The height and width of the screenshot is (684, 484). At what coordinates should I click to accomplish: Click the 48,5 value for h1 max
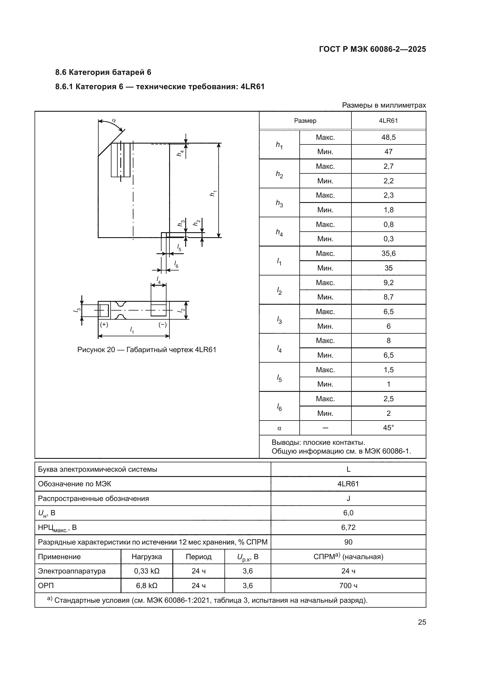click(x=388, y=137)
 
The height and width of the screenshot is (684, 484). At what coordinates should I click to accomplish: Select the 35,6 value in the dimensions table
click(x=388, y=253)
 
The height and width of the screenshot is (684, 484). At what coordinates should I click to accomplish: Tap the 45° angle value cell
click(x=388, y=428)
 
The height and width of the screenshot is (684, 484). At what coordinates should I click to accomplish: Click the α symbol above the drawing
click(x=114, y=121)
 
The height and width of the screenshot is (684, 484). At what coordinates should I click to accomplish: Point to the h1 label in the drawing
click(x=213, y=193)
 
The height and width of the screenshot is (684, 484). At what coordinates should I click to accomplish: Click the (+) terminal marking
click(x=104, y=325)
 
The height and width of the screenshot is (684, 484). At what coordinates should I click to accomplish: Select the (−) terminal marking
click(x=162, y=325)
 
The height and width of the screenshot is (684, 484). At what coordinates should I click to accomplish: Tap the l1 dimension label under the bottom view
click(x=132, y=330)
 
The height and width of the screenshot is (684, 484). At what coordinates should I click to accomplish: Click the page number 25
click(x=422, y=622)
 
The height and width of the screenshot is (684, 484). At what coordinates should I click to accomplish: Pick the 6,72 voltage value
click(x=348, y=527)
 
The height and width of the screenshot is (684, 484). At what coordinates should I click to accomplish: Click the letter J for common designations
click(x=348, y=498)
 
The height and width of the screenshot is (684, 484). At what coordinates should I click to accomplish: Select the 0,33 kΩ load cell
click(x=147, y=571)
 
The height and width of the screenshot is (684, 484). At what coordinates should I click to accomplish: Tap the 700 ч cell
click(x=348, y=586)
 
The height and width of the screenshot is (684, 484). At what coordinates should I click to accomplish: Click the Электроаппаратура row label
click(x=71, y=571)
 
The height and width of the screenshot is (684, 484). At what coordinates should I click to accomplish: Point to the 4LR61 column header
click(x=388, y=121)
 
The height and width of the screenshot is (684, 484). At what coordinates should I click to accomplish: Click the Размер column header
click(x=305, y=121)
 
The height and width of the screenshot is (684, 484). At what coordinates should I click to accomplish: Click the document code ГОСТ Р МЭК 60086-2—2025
click(x=372, y=49)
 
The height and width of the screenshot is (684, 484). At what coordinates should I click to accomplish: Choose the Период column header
click(x=198, y=556)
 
